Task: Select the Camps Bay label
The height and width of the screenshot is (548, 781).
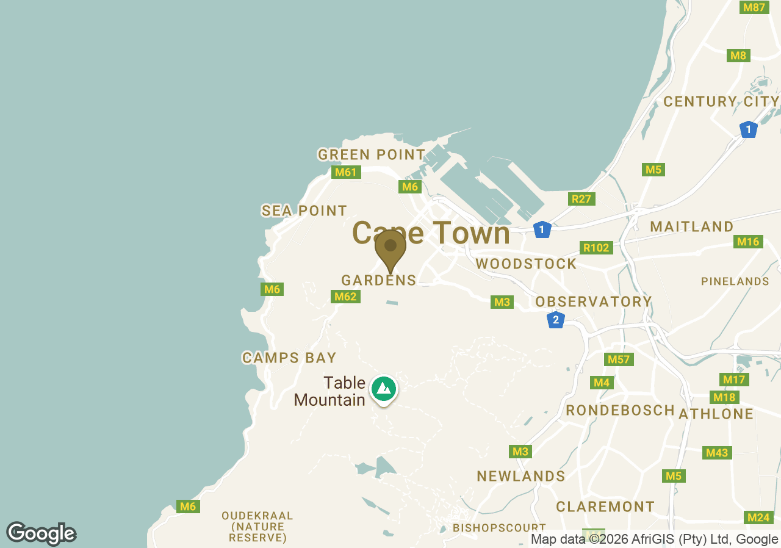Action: point(289,358)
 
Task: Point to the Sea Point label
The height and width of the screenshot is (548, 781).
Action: point(304,211)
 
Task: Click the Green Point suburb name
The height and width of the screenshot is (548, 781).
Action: point(372,155)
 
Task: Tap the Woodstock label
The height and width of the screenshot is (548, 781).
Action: point(526,264)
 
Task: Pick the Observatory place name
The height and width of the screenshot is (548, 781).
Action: point(594,301)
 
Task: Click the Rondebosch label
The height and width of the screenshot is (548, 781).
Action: point(620,410)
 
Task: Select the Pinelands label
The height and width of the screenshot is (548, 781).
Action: point(735,281)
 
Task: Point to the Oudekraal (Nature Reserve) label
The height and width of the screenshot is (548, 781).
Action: point(257,527)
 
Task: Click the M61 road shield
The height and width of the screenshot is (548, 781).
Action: point(345,172)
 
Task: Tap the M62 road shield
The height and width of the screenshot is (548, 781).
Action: point(345,297)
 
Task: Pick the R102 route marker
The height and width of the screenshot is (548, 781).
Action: point(596,248)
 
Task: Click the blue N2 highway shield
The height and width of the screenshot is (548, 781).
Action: point(555,320)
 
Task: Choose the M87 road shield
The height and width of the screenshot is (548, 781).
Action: point(754,7)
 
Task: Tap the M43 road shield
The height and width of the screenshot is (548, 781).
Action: point(716,453)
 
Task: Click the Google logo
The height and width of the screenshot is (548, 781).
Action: point(41,533)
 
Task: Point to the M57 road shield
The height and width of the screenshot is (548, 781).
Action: point(619,359)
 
